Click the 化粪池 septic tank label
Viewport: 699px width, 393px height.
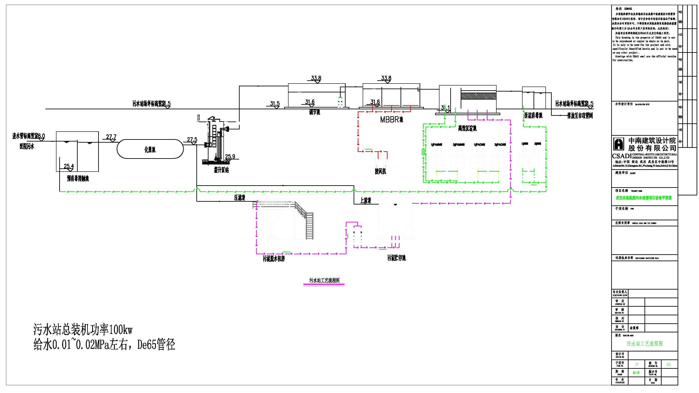(x=150, y=149)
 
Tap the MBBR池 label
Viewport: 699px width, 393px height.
(x=391, y=120)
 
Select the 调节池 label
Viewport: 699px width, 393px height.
(x=314, y=112)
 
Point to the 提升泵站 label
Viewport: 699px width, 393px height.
(x=221, y=170)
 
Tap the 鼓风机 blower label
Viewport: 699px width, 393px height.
(x=380, y=171)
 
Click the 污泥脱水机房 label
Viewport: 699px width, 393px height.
(x=274, y=259)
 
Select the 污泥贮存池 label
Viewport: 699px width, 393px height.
(x=396, y=258)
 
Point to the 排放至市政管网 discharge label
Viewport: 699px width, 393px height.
(x=580, y=116)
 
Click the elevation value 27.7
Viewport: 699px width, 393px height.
(x=111, y=137)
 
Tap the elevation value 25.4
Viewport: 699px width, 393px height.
(x=69, y=166)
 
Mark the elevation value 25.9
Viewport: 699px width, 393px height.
(x=230, y=156)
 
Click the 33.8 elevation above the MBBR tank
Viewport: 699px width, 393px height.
(x=386, y=78)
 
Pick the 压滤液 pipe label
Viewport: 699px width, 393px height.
(x=240, y=198)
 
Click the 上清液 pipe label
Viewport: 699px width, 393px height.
(x=366, y=201)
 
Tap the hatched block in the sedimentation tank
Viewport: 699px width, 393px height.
(x=478, y=96)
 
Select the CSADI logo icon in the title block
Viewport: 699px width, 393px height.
(x=619, y=144)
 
